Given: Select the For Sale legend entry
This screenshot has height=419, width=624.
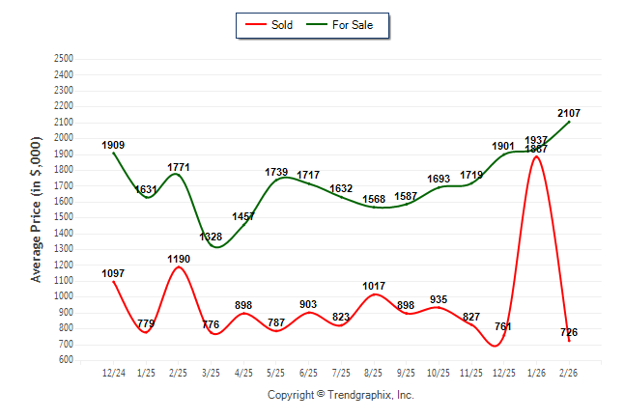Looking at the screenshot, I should (x=346, y=24).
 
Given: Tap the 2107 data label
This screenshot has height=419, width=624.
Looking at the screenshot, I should (x=569, y=113).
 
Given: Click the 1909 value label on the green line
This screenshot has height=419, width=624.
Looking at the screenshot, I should (x=113, y=145).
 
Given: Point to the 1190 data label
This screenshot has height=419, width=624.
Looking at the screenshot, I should (x=178, y=259).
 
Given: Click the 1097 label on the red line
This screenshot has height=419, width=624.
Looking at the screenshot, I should (x=113, y=273).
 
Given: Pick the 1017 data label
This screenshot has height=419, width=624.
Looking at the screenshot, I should (x=374, y=286).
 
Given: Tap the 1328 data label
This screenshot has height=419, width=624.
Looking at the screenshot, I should (x=212, y=237).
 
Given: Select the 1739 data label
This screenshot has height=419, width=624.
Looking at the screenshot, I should (x=276, y=172).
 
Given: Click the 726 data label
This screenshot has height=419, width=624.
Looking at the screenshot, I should (x=569, y=332).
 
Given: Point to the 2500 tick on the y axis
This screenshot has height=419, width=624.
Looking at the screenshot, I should (x=64, y=59).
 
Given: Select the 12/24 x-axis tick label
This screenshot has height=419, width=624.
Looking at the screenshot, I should (x=113, y=372).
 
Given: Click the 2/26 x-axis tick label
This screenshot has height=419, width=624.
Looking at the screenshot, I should (x=569, y=372).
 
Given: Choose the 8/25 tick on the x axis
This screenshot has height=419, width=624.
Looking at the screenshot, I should (x=374, y=372).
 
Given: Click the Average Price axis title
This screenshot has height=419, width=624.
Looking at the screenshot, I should (x=37, y=209).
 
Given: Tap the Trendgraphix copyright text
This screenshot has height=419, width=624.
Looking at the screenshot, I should (x=340, y=395).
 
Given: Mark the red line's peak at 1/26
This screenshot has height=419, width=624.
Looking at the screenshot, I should (x=536, y=156).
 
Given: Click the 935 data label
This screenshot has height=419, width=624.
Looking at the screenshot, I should (x=439, y=299).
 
